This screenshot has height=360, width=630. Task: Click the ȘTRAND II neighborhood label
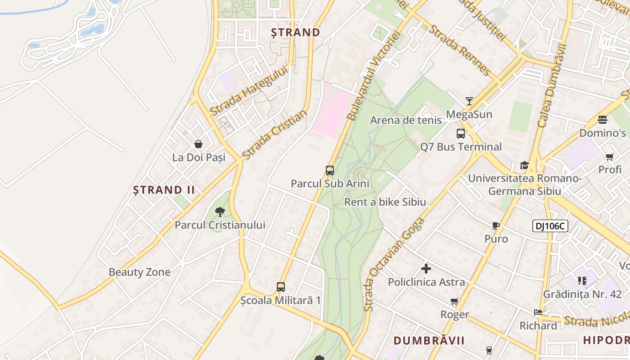point(164,190)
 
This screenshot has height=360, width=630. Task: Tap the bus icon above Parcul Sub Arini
point(330,171)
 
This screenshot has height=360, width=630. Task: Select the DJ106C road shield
point(550,226)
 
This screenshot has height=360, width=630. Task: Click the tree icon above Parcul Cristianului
point(220,211)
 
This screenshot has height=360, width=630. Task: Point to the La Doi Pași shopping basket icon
point(198,144)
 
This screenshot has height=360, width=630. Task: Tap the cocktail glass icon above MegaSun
point(469,101)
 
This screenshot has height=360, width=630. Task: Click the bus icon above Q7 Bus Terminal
point(461,134)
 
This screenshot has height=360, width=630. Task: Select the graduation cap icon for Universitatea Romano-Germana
point(524,165)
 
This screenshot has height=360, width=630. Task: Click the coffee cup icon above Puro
point(496,225)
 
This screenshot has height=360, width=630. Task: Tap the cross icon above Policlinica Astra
point(426,269)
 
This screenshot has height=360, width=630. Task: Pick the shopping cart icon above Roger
point(454,301)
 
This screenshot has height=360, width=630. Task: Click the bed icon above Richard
point(538,312)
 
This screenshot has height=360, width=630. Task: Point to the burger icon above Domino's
point(603,120)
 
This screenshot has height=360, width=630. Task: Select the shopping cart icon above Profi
point(610,157)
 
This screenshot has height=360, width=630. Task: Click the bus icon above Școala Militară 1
point(281,287)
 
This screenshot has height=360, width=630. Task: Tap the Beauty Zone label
point(139,272)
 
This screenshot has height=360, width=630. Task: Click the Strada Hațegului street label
point(248,90)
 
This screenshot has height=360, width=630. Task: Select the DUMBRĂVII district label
point(429,340)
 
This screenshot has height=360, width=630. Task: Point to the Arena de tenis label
point(406,120)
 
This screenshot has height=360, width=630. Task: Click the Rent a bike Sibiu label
point(385,202)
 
